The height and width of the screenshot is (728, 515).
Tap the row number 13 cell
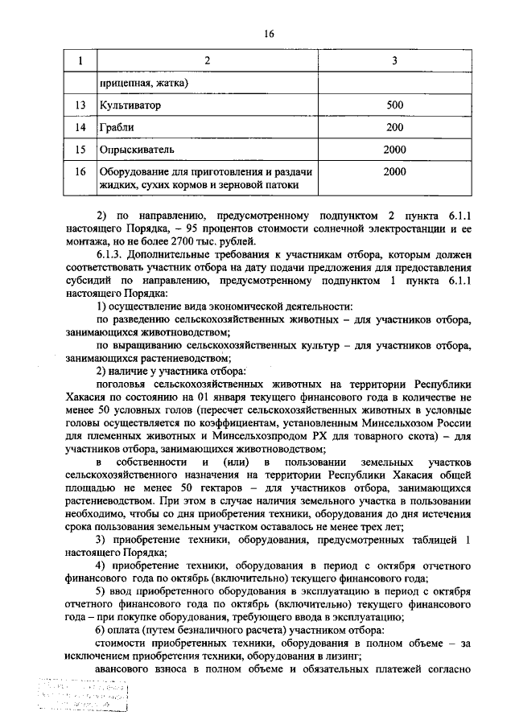coord(79,105)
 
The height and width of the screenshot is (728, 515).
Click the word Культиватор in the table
coord(130,105)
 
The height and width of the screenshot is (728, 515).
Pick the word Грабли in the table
coord(117,128)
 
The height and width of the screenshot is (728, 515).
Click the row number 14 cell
coord(79,128)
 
